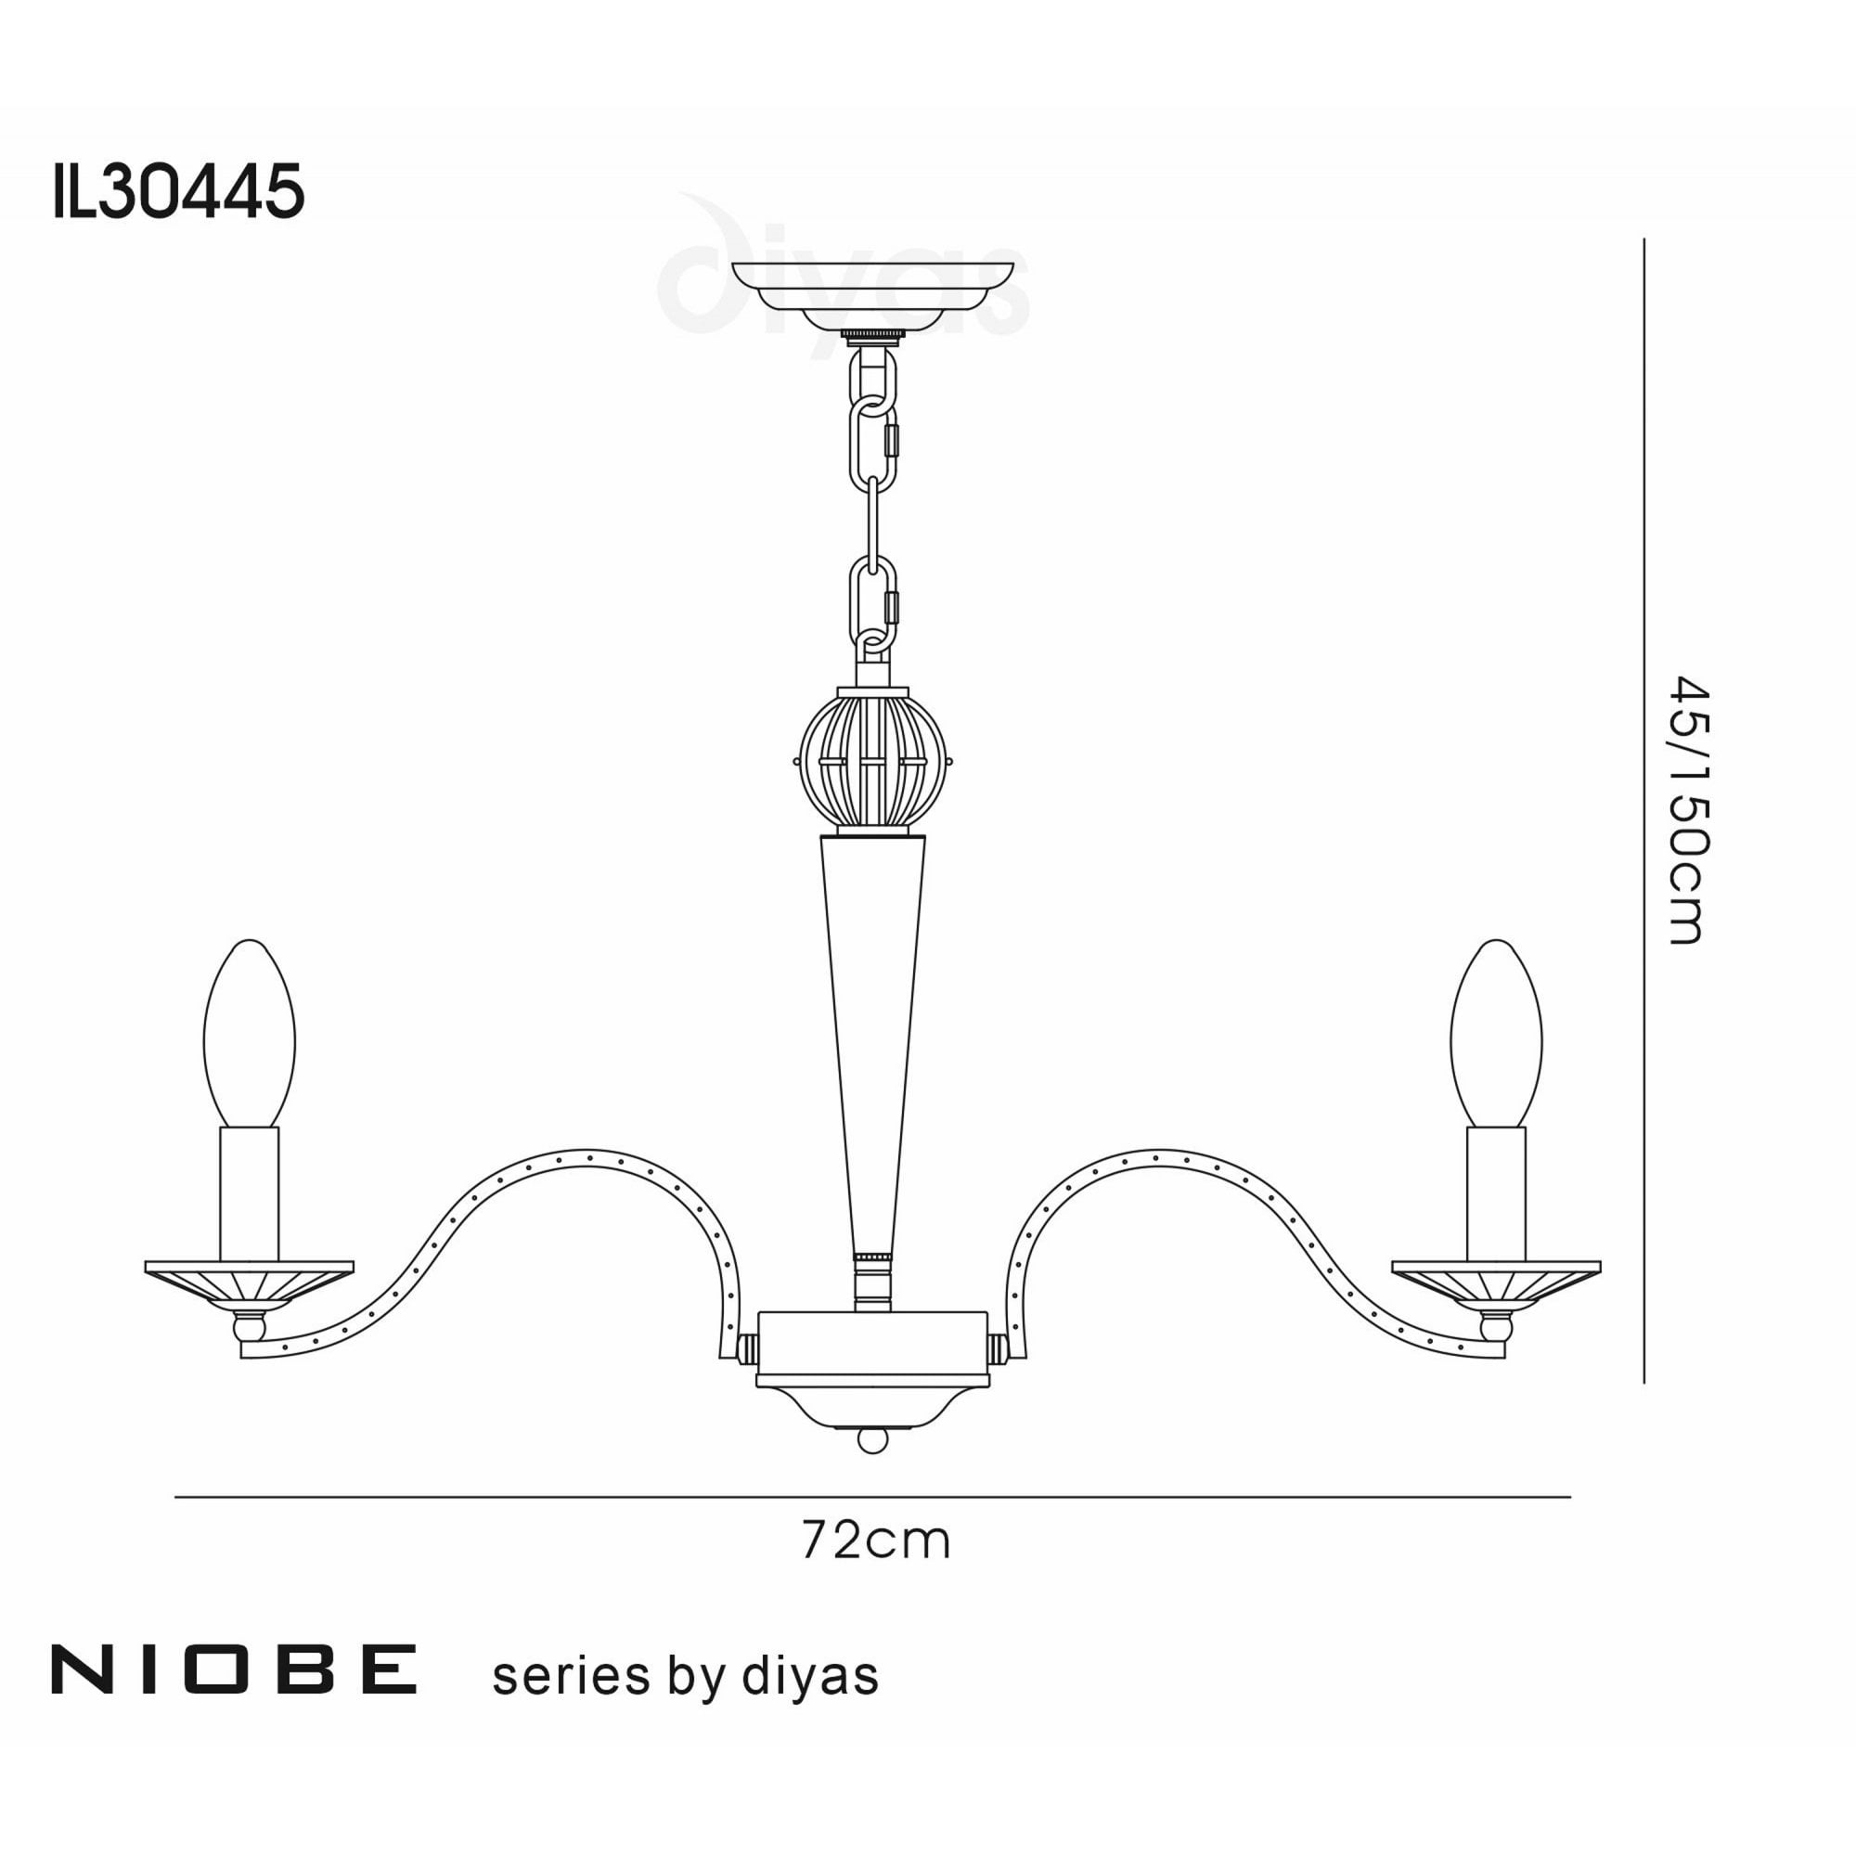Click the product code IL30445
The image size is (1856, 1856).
(x=179, y=191)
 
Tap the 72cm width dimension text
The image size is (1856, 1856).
(x=875, y=1540)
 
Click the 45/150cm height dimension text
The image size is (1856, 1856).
(x=1688, y=811)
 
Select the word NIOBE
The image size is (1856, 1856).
(x=234, y=1669)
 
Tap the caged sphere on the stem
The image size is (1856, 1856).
(x=872, y=759)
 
